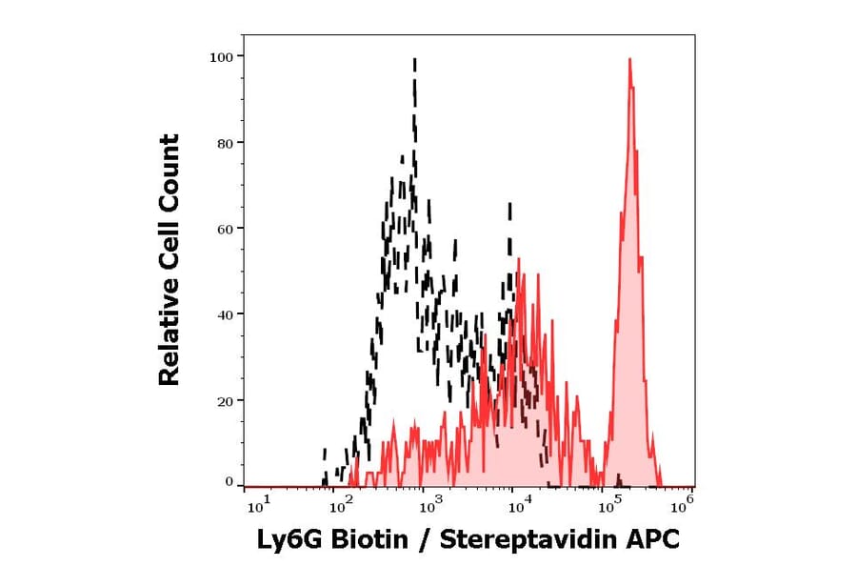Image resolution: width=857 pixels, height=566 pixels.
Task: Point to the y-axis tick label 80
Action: pos(224,143)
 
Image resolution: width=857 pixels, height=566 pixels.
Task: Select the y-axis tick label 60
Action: pos(224,229)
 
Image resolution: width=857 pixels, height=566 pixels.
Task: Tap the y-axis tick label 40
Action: pos(224,314)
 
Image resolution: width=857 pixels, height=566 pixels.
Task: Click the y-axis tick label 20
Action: pos(224,400)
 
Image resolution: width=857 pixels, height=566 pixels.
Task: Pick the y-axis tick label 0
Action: pos(228,482)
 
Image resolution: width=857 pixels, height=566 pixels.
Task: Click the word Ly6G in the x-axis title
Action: pos(290,540)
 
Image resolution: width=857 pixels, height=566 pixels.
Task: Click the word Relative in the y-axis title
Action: pos(169,338)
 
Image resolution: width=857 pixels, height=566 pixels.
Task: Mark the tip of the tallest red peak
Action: pos(629,59)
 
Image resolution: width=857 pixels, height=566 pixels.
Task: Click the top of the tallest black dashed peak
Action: pos(415,59)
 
